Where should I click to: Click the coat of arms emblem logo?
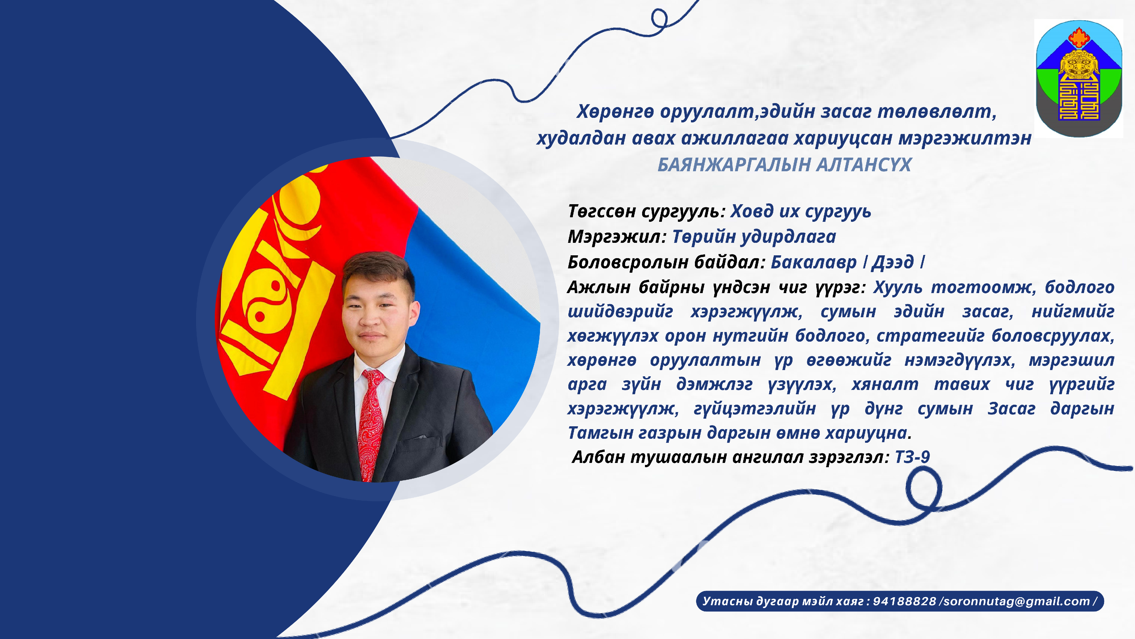click(x=1079, y=78)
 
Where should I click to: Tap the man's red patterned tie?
click(x=371, y=423)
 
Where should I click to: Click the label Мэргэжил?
click(x=617, y=237)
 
